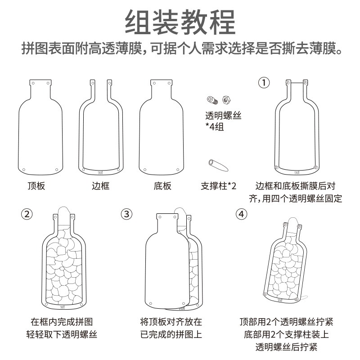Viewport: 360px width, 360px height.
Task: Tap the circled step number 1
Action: tap(264, 82)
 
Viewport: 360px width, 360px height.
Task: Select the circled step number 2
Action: tap(27, 214)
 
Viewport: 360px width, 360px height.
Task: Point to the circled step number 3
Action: tap(127, 214)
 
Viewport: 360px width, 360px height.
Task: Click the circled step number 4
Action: tap(242, 214)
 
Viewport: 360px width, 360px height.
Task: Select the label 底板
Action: tap(162, 186)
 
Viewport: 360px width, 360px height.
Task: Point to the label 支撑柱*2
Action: tap(218, 186)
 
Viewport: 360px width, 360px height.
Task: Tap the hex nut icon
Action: tap(227, 99)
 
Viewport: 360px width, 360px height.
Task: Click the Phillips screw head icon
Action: tap(210, 99)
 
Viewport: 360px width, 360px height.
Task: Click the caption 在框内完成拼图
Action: tap(62, 322)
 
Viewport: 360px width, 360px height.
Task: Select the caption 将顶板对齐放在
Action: tap(171, 322)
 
